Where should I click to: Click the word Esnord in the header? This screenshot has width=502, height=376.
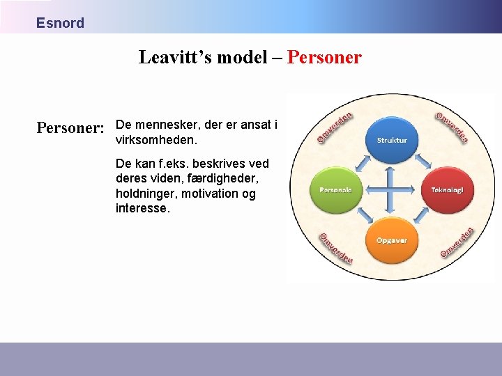click(x=60, y=23)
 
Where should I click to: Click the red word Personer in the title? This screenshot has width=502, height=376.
click(x=324, y=57)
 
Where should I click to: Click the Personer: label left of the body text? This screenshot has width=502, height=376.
click(x=70, y=128)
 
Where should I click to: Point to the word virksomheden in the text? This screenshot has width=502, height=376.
click(x=156, y=140)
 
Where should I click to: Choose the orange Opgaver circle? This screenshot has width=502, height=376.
click(x=391, y=240)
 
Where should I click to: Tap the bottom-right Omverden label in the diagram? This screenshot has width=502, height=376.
click(x=457, y=242)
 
